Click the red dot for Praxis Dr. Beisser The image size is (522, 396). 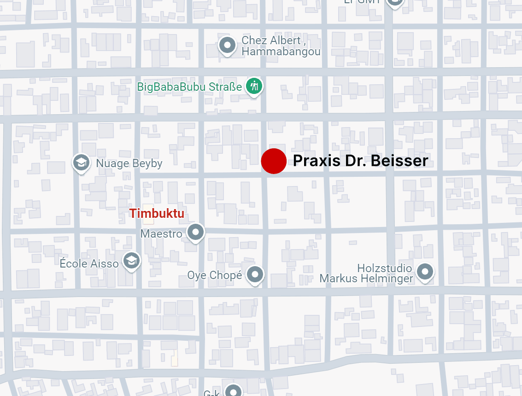click(x=274, y=161)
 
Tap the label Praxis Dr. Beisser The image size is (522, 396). click(x=361, y=161)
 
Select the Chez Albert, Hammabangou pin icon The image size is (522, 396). click(x=227, y=45)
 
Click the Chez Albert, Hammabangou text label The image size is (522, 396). click(x=281, y=46)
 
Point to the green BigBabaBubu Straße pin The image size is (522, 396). click(x=253, y=86)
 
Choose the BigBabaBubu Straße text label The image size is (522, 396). click(x=189, y=87)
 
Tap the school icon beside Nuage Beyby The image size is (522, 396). click(x=82, y=162)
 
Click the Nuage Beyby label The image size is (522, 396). click(x=129, y=163)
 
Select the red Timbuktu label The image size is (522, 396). click(x=157, y=214)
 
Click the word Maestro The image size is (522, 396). click(x=161, y=233)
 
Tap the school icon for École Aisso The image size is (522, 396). click(x=132, y=261)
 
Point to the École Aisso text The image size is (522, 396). click(x=89, y=263)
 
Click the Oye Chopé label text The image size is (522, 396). click(x=214, y=275)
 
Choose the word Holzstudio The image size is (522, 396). click(x=384, y=268)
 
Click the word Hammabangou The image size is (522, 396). click(x=281, y=52)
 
